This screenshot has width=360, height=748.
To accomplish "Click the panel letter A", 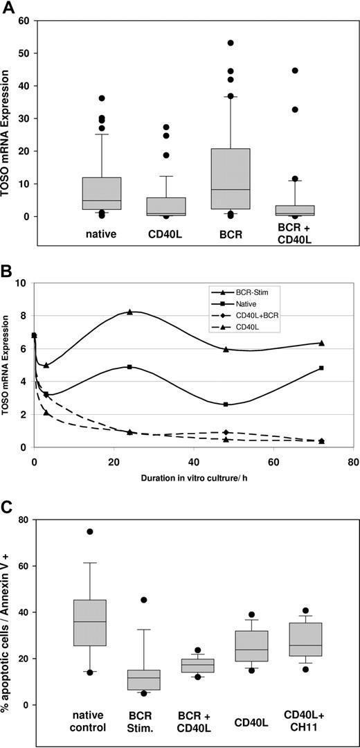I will (8, 8).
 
